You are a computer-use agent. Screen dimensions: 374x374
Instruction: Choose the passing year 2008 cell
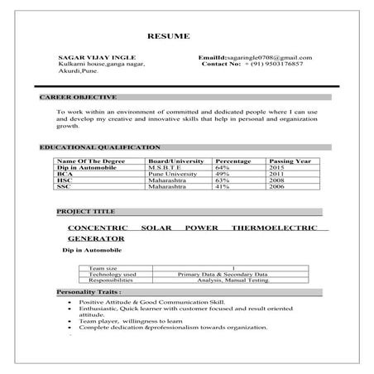277,180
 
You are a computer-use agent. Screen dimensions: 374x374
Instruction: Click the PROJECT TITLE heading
86,212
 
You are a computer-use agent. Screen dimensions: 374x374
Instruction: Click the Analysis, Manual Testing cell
233,280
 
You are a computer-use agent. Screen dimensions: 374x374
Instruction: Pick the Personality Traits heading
89,292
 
